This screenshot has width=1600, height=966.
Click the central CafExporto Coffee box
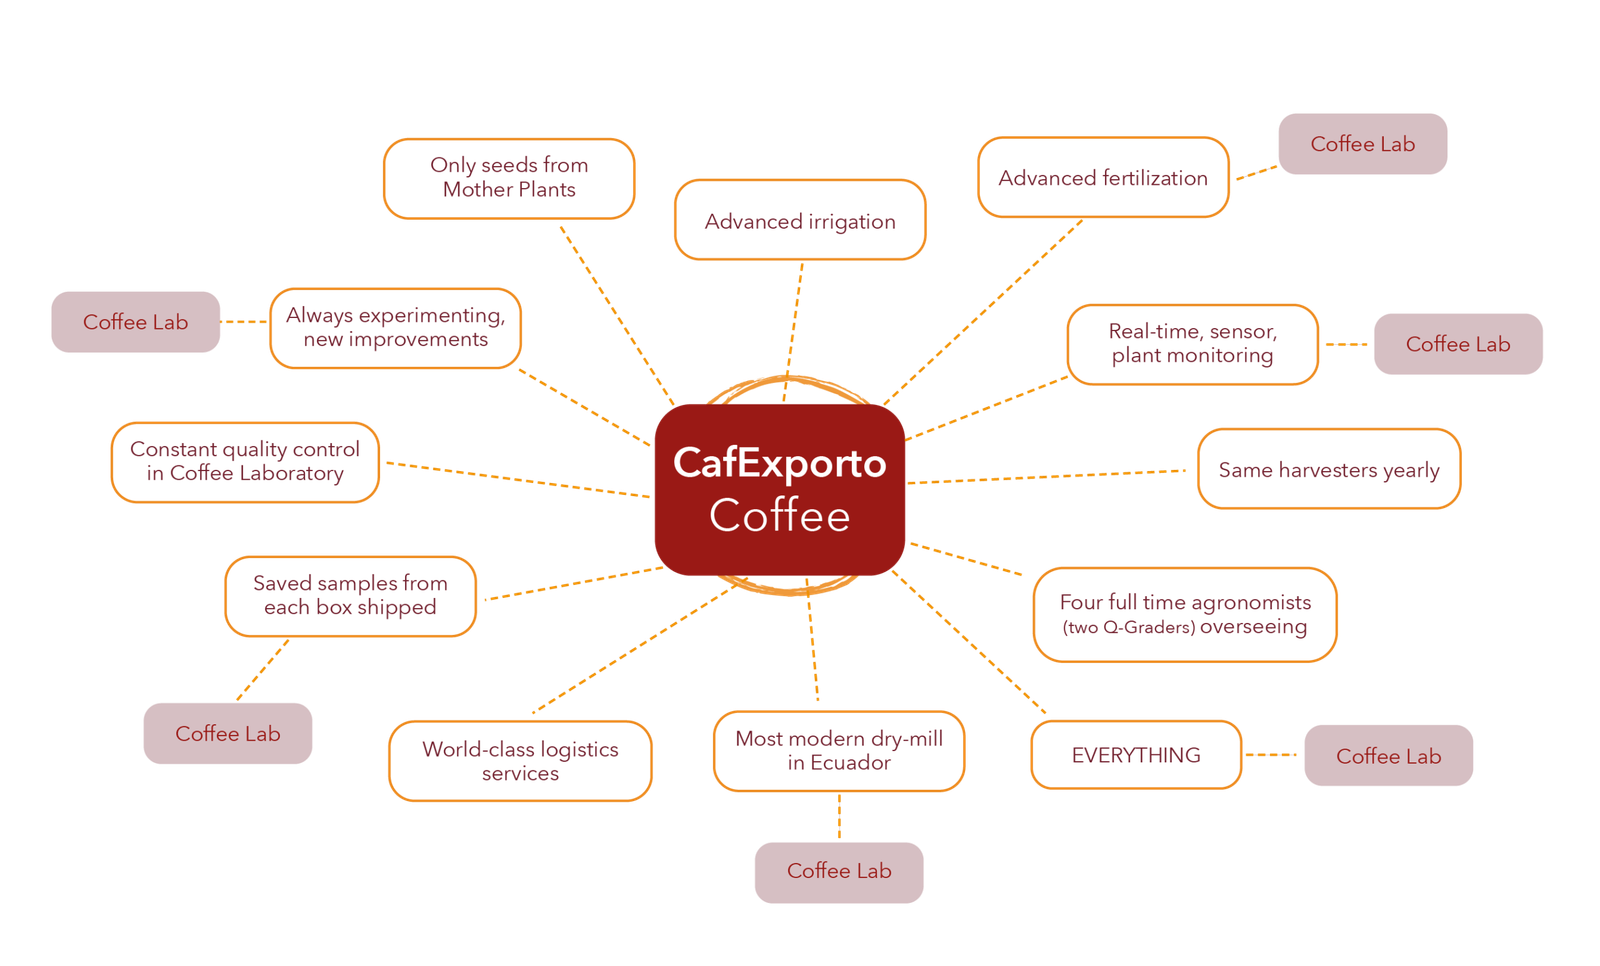pos(779,489)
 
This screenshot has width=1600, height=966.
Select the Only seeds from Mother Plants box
pos(508,178)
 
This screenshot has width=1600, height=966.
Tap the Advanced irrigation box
pos(800,221)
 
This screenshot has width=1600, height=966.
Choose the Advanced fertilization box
pos(1103,178)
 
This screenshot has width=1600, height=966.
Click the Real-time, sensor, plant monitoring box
pos(1192,344)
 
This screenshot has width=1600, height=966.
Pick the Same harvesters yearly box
pos(1328,469)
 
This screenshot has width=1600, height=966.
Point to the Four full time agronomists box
pos(1185,614)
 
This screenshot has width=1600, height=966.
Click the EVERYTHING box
pos(1136,755)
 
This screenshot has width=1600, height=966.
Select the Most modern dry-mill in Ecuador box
pos(839,751)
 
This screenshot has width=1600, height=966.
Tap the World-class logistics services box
pos(520,761)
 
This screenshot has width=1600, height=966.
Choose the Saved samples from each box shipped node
pos(350,596)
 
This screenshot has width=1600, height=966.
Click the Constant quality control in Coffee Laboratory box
pos(245,462)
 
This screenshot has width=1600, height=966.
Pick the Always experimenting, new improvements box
pos(396,328)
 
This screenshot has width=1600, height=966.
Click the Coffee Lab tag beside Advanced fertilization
pos(1363,144)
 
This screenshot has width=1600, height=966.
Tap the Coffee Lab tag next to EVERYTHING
pos(1388,756)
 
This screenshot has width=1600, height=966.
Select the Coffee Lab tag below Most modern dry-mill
pos(838,872)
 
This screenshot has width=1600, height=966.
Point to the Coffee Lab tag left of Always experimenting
pos(136,322)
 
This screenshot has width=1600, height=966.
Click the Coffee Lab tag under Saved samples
pos(228,734)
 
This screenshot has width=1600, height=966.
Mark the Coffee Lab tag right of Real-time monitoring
pos(1458,344)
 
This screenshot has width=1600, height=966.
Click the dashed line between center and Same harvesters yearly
pos(1050,476)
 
